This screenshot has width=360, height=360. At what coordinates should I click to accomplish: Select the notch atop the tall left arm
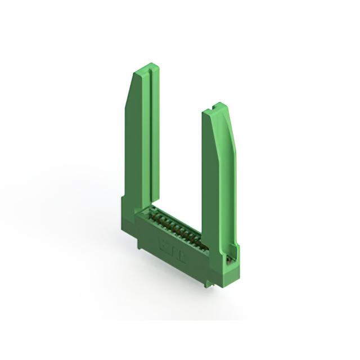tap(147, 67)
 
